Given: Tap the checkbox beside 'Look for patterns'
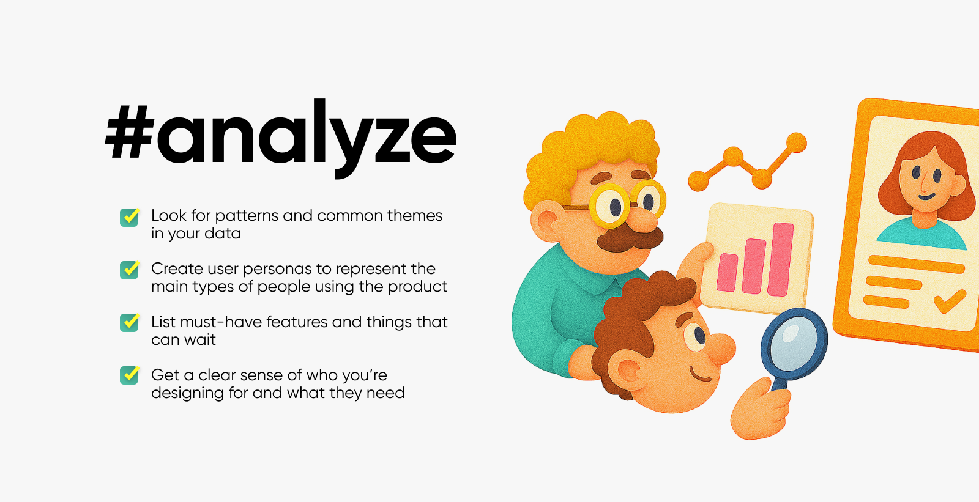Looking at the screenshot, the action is pos(129,217).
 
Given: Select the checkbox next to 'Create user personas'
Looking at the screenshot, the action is pos(129,270).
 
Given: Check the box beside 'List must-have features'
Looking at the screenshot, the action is pos(129,323).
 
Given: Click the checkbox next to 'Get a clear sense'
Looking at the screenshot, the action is pos(129,375).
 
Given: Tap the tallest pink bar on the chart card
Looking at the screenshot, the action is pos(781,259).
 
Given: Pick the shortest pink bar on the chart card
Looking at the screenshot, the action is pos(727,273).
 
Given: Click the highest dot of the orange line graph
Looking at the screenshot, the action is pos(796,143).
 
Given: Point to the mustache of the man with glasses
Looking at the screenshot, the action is pos(630,239).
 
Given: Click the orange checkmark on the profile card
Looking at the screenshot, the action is pos(949,301).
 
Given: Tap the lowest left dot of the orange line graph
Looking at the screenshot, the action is pos(698,181).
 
